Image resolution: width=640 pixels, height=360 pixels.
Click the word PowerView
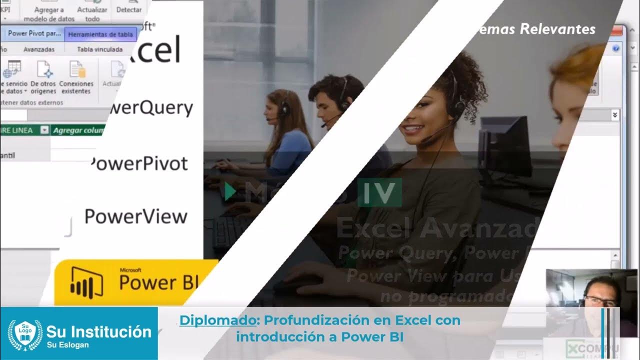click(136, 217)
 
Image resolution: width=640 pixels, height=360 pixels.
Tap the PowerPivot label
click(140, 163)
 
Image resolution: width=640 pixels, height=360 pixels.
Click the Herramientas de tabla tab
click(100, 34)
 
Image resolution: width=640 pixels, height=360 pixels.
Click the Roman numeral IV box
click(379, 192)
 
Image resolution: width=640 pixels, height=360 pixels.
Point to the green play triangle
click(229, 192)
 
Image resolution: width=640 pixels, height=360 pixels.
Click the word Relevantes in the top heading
click(558, 29)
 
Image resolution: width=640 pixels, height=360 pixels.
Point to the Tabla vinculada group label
click(100, 49)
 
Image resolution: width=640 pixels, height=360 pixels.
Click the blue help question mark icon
click(616, 48)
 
